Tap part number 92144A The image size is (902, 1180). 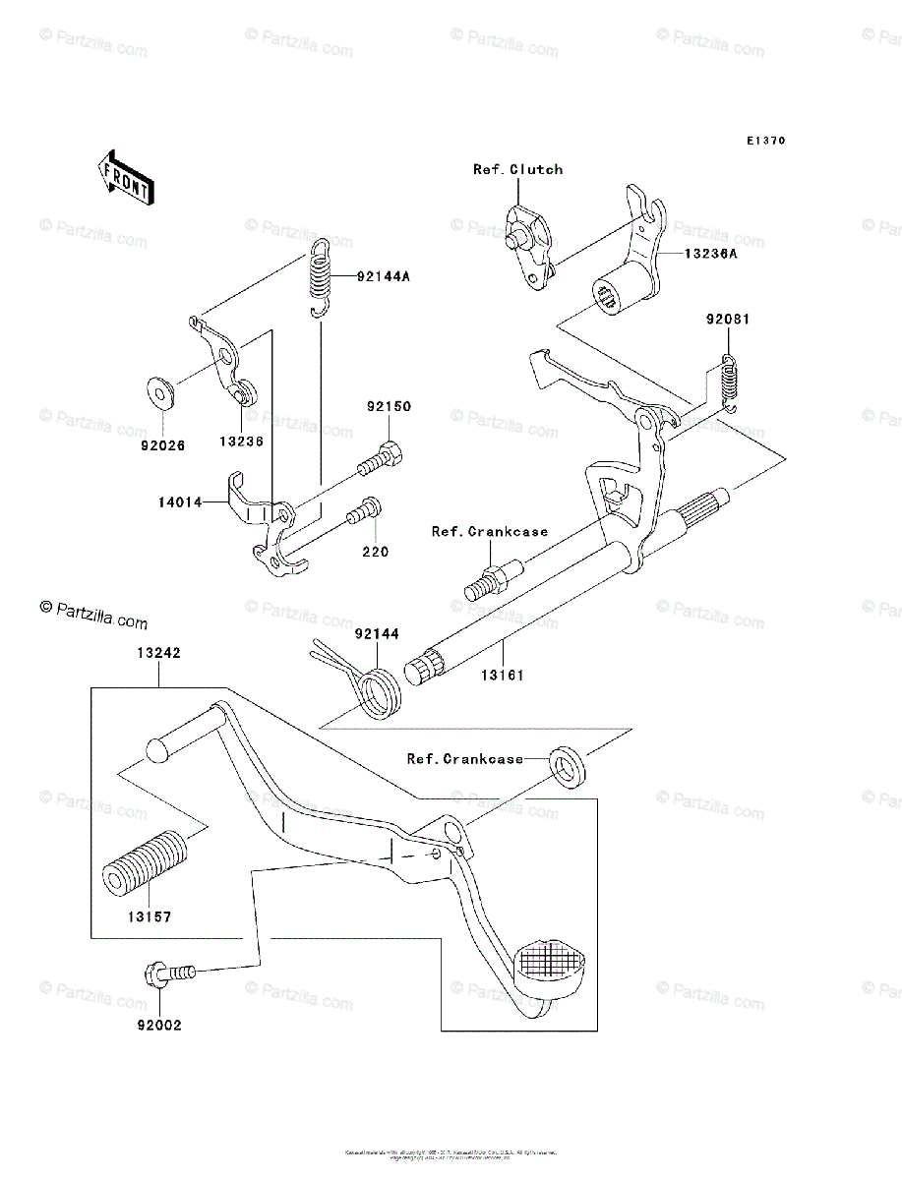pyautogui.click(x=383, y=277)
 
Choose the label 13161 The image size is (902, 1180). pyautogui.click(x=502, y=676)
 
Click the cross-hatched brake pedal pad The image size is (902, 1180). pyautogui.click(x=551, y=961)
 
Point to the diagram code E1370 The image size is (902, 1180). pyautogui.click(x=764, y=141)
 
